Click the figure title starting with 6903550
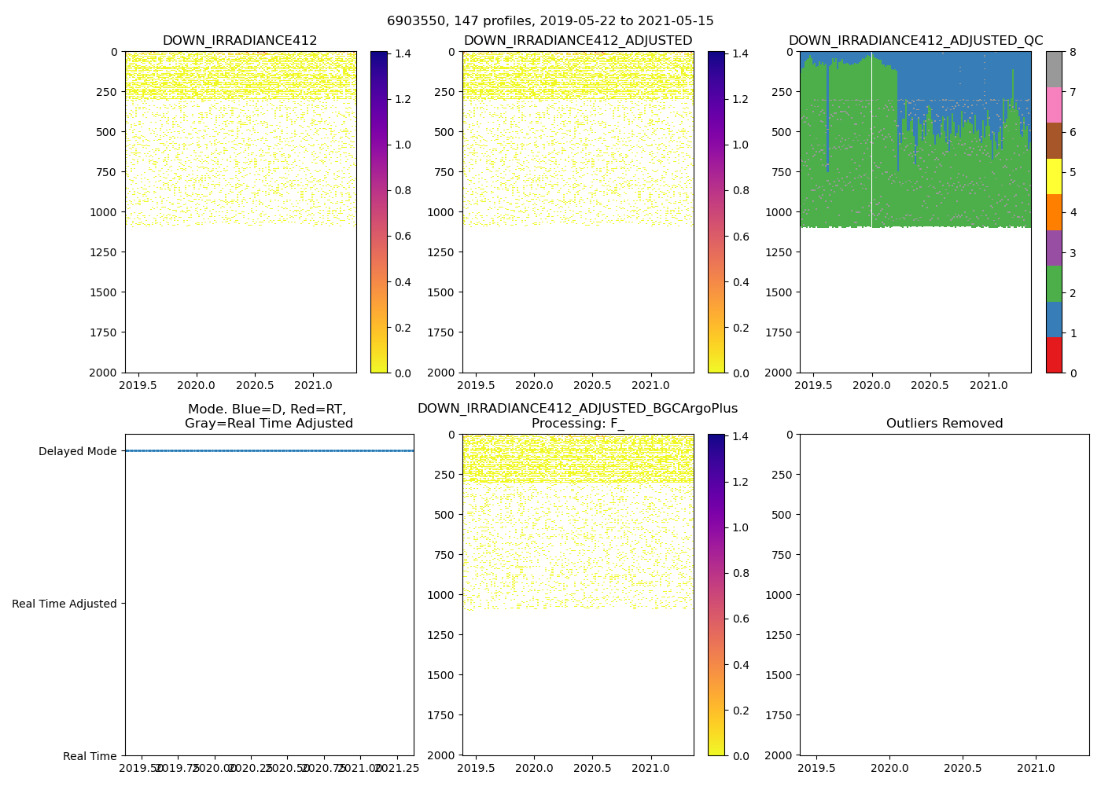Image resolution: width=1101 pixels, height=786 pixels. tap(550, 21)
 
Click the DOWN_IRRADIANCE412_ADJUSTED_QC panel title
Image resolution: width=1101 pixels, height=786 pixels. tap(915, 41)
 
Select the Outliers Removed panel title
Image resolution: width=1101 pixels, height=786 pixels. tap(944, 424)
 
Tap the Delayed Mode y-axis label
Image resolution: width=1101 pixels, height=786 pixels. tap(77, 451)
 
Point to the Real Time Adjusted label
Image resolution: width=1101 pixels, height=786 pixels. tap(64, 604)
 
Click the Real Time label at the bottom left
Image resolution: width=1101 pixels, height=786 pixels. tap(90, 756)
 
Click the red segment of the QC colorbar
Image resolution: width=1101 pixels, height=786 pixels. tap(1054, 354)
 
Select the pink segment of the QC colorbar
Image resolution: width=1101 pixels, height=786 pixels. tap(1054, 105)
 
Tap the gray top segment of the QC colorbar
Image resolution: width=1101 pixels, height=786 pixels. tap(1054, 69)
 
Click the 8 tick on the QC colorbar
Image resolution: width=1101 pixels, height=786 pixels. tap(1073, 52)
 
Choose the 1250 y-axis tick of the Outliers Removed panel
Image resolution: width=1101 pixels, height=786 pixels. tap(780, 635)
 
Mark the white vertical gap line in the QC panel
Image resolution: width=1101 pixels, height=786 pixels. tap(871, 141)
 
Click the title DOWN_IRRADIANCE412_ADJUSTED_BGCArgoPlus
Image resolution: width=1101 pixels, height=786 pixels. tap(577, 409)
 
